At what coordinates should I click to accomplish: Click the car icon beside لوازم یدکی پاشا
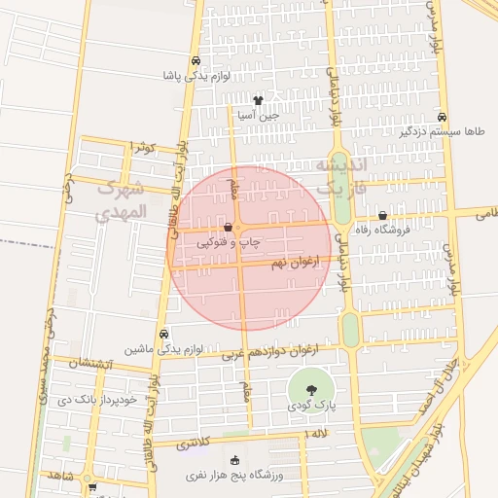coord(197,58)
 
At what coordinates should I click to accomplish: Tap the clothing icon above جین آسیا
coord(258,99)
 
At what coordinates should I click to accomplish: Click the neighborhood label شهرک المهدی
coord(122,198)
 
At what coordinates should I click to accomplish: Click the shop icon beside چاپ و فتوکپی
coord(228,227)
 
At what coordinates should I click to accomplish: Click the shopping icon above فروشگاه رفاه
coord(381,215)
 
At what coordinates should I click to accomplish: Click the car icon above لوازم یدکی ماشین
coord(162,333)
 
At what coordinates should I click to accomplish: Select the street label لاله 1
coord(318,433)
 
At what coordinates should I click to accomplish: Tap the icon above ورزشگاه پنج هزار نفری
coord(233,461)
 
